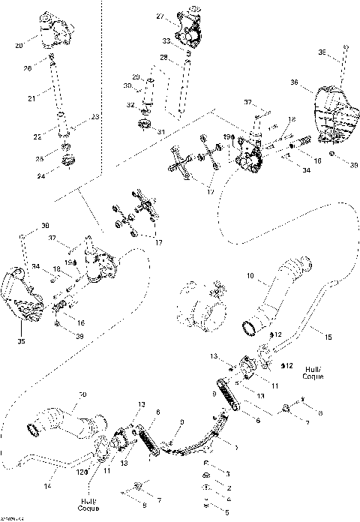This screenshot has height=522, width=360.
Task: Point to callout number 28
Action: point(163,57)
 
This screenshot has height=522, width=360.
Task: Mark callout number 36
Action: point(295,82)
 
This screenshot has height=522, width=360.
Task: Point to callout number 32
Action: point(130,105)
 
